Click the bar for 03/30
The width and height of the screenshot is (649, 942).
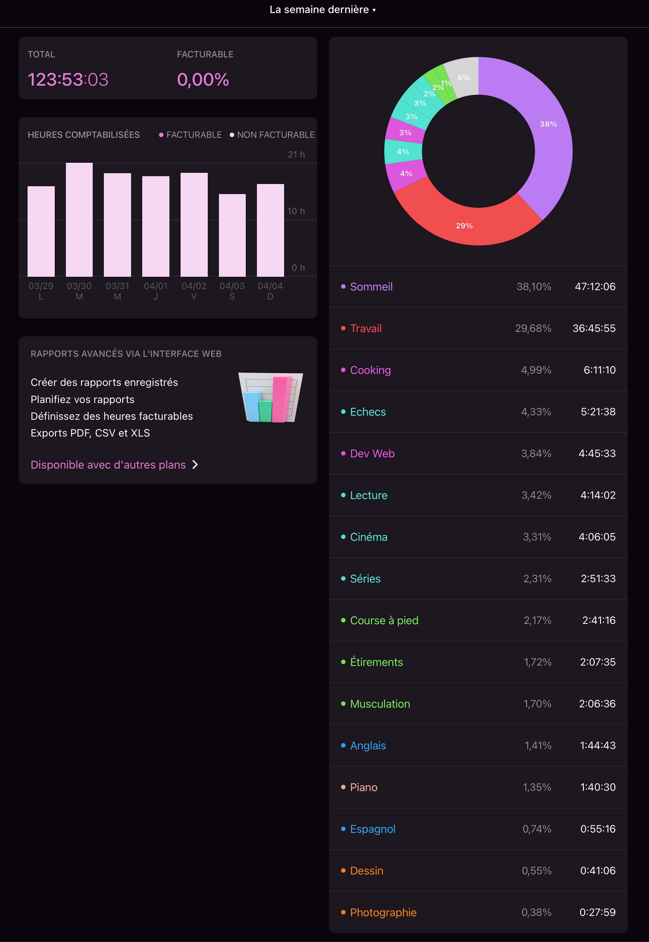pos(79,220)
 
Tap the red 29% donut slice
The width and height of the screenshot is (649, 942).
pos(464,225)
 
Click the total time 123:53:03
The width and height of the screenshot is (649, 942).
pos(68,79)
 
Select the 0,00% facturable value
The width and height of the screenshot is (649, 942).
pos(203,79)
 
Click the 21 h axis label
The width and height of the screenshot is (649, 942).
pos(296,155)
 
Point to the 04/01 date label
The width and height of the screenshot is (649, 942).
pos(155,286)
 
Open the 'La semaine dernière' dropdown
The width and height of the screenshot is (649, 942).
pos(322,10)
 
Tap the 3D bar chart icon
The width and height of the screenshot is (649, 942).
pos(270,398)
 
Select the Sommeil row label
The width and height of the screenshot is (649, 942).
pos(371,287)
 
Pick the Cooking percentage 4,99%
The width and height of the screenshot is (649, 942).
pos(536,370)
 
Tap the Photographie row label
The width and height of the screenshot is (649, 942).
pos(383,912)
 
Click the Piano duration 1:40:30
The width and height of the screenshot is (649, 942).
pos(597,787)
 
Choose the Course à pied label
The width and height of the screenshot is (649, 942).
pos(384,620)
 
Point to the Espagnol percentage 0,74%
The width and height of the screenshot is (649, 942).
pos(537,829)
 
